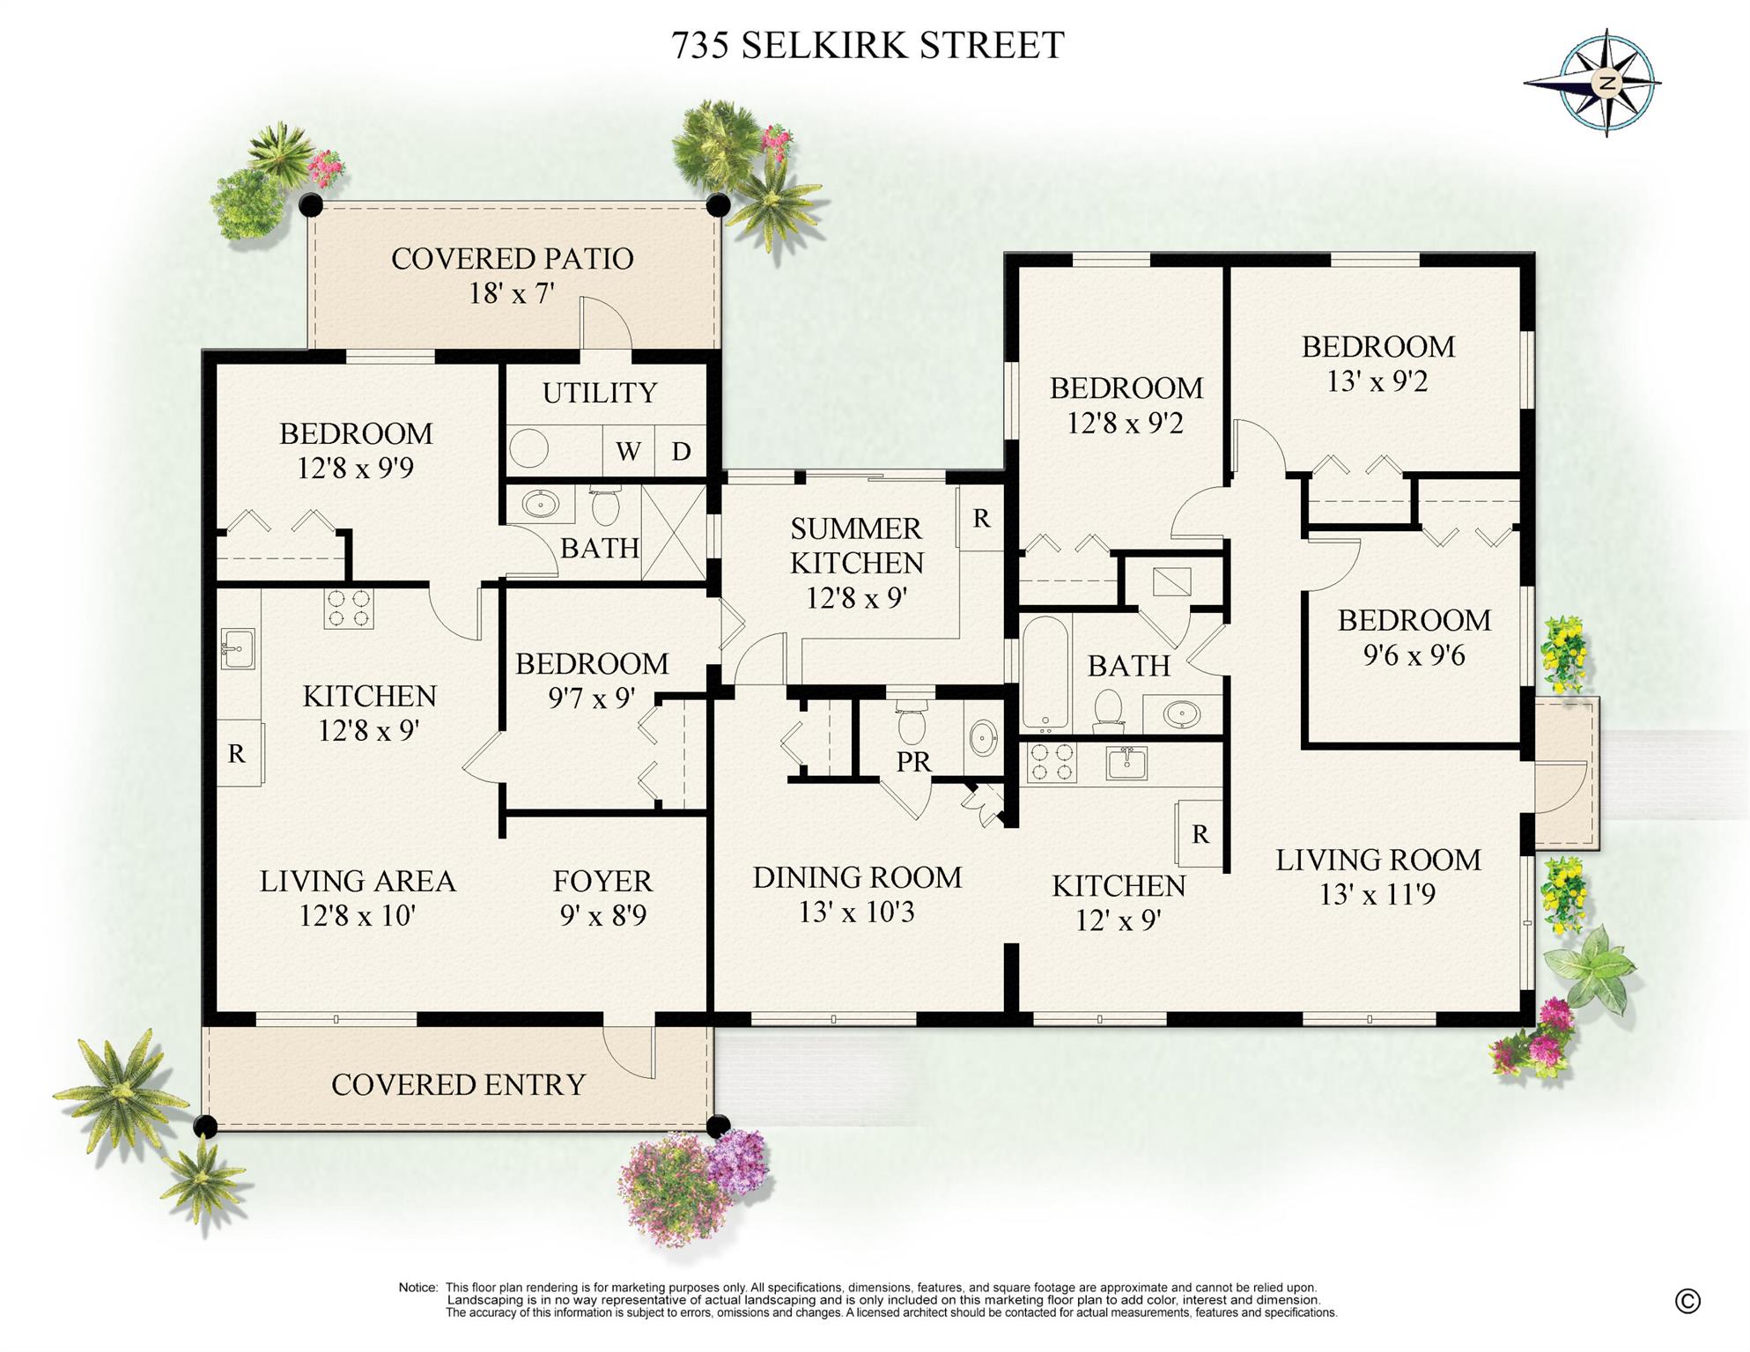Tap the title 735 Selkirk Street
click(x=868, y=45)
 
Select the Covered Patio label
click(x=512, y=259)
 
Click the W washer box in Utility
click(x=628, y=451)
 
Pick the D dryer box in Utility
click(x=681, y=451)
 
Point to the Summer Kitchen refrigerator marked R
click(x=981, y=518)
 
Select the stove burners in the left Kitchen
click(x=348, y=607)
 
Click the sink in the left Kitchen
click(x=238, y=648)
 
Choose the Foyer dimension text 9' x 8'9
click(x=603, y=915)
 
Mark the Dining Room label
click(x=857, y=877)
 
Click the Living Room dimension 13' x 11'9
click(x=1377, y=894)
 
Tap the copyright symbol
click(x=1687, y=1300)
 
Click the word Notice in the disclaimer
click(x=417, y=1288)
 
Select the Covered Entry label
click(x=458, y=1084)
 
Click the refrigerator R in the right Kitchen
click(x=1200, y=833)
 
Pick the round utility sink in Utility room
click(x=529, y=449)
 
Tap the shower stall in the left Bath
click(x=674, y=532)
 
